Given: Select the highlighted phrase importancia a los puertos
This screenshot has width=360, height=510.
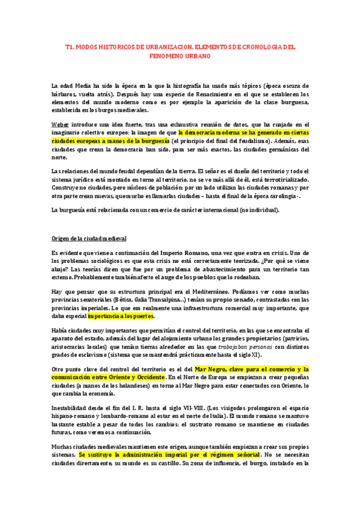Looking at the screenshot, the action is pyautogui.click(x=121, y=316).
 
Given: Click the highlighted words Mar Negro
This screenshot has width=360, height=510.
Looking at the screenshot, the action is pyautogui.click(x=212, y=369).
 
